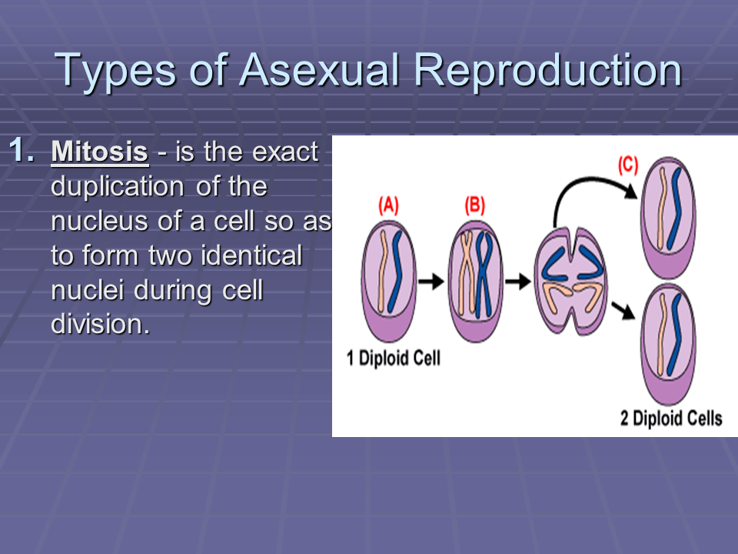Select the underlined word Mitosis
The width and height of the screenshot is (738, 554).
99,152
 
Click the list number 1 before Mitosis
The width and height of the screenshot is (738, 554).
22,151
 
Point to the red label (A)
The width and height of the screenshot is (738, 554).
389,206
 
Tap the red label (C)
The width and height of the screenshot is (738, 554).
628,165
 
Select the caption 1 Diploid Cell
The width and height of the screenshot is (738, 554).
394,359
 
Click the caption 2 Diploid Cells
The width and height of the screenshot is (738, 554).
671,419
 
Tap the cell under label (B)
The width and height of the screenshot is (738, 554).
476,281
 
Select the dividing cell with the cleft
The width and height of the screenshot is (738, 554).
570,282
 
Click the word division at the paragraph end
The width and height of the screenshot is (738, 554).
97,324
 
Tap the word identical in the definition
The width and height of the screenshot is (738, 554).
254,255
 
